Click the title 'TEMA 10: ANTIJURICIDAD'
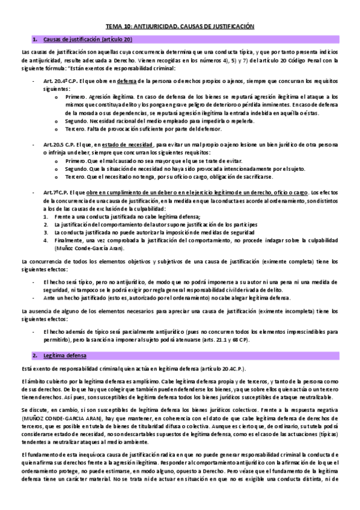pos(144,27)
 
